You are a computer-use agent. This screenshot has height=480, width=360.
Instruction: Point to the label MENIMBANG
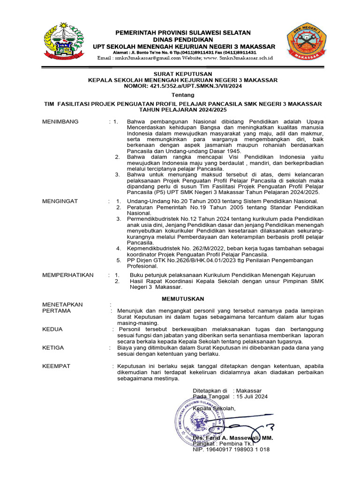pos(60,122)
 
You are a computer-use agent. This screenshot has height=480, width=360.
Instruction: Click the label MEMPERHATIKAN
pos(68,275)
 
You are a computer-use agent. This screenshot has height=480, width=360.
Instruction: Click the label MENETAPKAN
pos(62,305)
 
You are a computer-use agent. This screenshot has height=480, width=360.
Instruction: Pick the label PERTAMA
pos(56,311)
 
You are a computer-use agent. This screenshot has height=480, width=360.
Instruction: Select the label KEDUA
pos(52,329)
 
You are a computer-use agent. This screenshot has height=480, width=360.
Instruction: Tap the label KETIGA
pos(53,348)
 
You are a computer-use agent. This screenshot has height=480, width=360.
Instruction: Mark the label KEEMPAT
pos(56,366)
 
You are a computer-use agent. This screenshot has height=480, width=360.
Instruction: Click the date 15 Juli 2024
pos(252,397)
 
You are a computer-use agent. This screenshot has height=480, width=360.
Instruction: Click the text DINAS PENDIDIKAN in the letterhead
pos(183,40)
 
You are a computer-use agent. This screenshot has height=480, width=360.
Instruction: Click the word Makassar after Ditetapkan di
pos(249,390)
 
